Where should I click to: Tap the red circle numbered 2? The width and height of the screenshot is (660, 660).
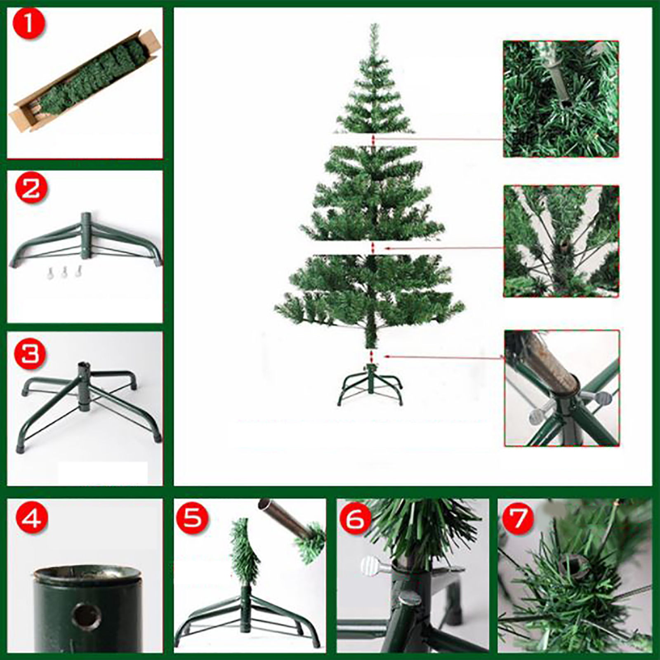tap(31, 189)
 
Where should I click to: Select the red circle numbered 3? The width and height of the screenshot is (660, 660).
tap(30, 354)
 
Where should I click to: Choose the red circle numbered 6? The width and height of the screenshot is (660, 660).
tap(355, 518)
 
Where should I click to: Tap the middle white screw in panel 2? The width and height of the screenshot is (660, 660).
tap(64, 271)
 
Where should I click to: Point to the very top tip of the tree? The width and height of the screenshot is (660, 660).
tap(375, 24)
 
